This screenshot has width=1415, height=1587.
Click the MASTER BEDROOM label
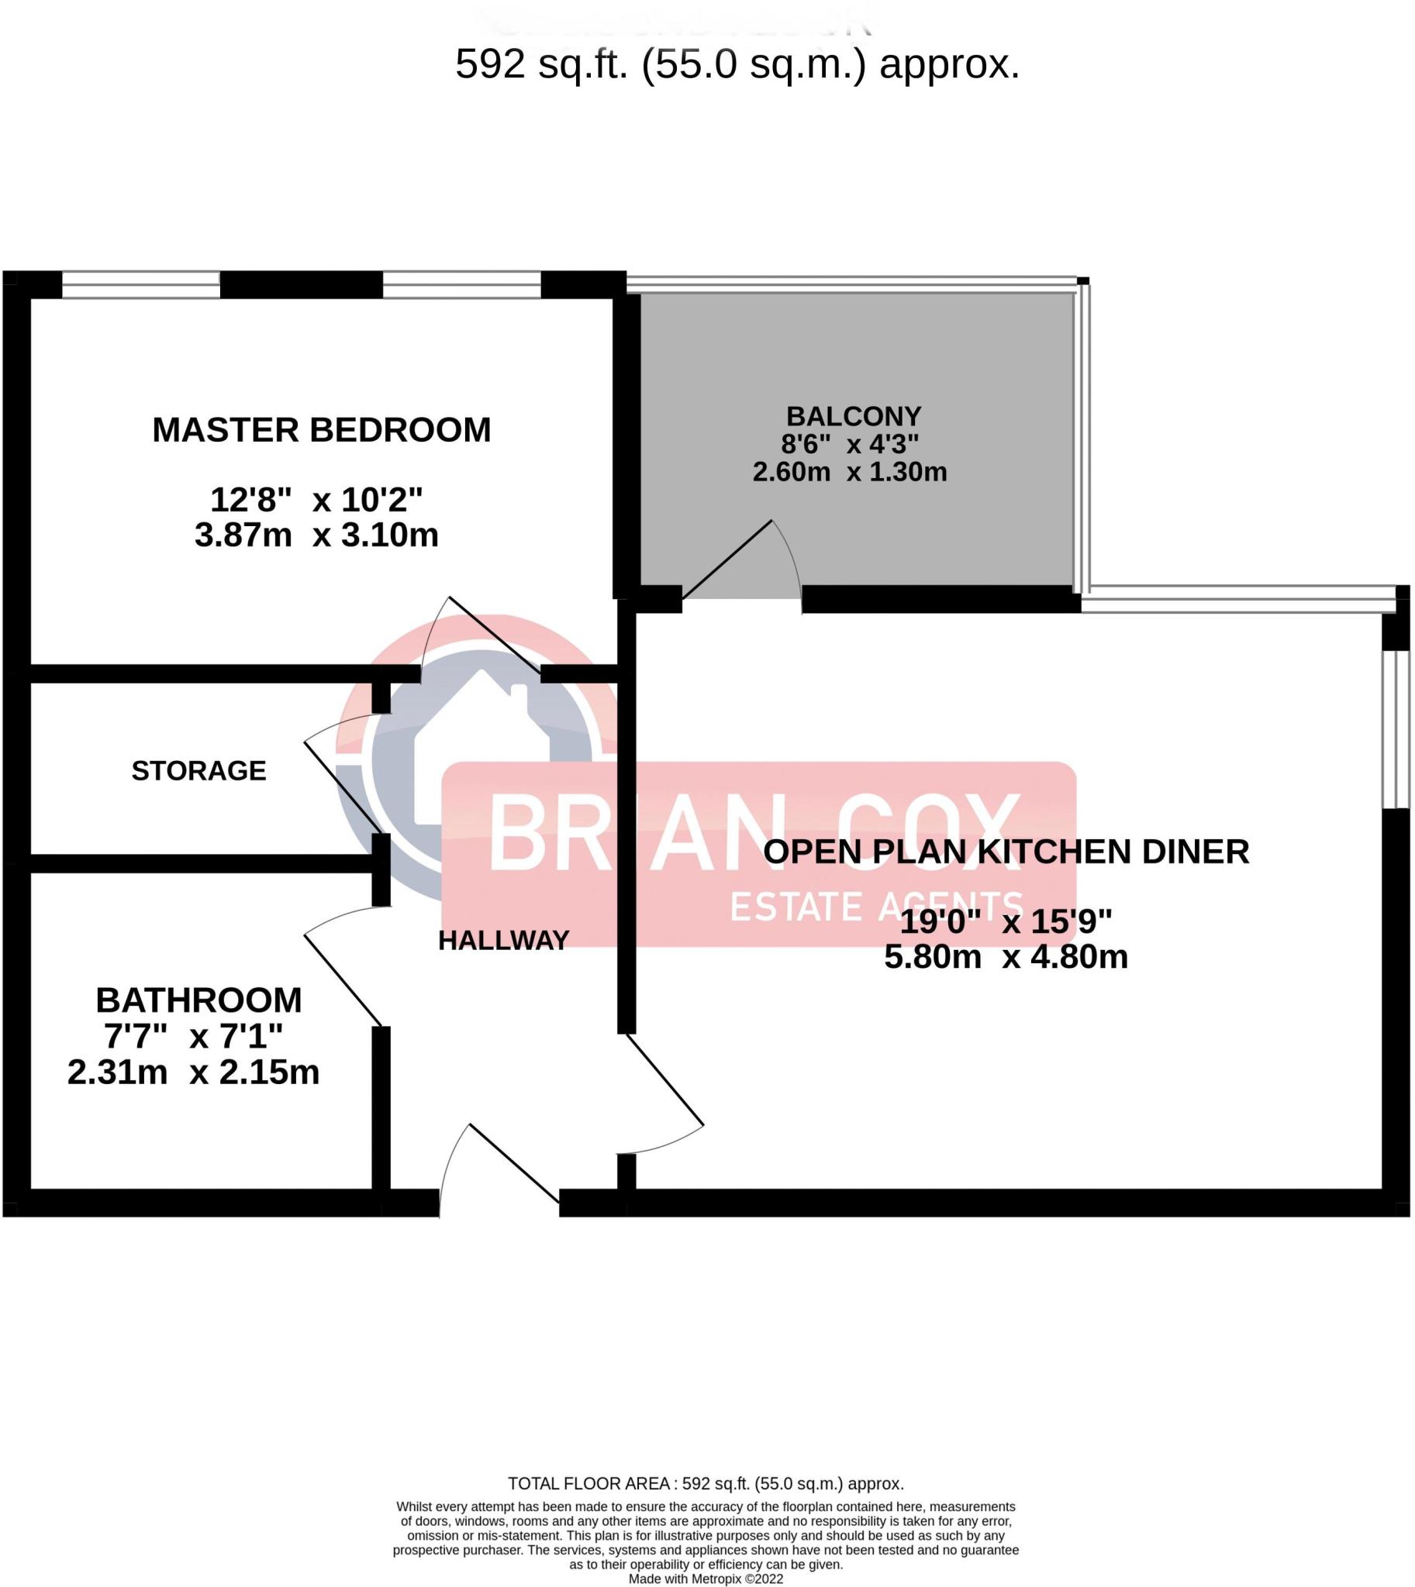pyautogui.click(x=321, y=431)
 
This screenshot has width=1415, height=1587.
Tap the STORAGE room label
pyautogui.click(x=198, y=771)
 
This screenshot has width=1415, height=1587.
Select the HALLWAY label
pyautogui.click(x=504, y=942)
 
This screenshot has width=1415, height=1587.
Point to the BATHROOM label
pyautogui.click(x=198, y=1000)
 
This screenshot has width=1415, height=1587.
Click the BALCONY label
pyautogui.click(x=853, y=416)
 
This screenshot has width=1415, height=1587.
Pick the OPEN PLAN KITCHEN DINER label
pyautogui.click(x=1006, y=852)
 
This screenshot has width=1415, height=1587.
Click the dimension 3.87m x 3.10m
pyautogui.click(x=316, y=535)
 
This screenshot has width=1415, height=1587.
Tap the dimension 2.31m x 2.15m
pyautogui.click(x=194, y=1072)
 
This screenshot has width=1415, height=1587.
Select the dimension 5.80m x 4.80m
pyautogui.click(x=1006, y=957)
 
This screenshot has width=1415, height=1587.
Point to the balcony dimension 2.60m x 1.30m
pyautogui.click(x=850, y=472)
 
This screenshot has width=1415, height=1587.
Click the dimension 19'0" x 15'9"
pyautogui.click(x=1006, y=922)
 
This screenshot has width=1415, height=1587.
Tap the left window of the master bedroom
pyautogui.click(x=140, y=285)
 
